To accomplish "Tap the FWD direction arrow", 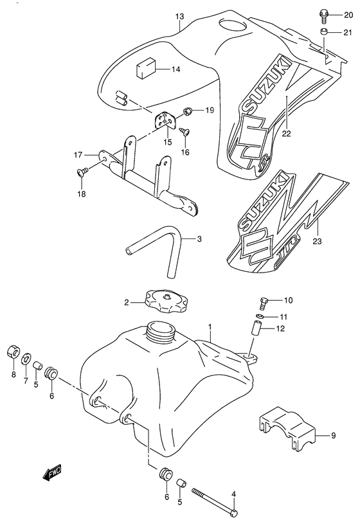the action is pyautogui.click(x=52, y=472).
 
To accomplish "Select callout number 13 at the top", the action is pyautogui.click(x=179, y=16).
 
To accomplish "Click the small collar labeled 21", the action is pyautogui.click(x=324, y=32).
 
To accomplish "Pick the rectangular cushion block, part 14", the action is pyautogui.click(x=145, y=68).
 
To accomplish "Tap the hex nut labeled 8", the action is pyautogui.click(x=14, y=352).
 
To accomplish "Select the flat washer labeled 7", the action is pyautogui.click(x=26, y=359).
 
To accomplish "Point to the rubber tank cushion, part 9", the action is pyautogui.click(x=286, y=429).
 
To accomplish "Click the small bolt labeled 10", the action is pyautogui.click(x=263, y=303).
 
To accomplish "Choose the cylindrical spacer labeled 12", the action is pyautogui.click(x=256, y=329).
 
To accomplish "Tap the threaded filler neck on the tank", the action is pyautogui.click(x=160, y=331).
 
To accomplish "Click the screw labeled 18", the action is pyautogui.click(x=82, y=172).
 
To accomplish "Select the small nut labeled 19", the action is pyautogui.click(x=188, y=111).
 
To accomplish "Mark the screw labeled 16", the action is pyautogui.click(x=184, y=131).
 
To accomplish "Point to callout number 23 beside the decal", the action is pyautogui.click(x=317, y=241).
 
